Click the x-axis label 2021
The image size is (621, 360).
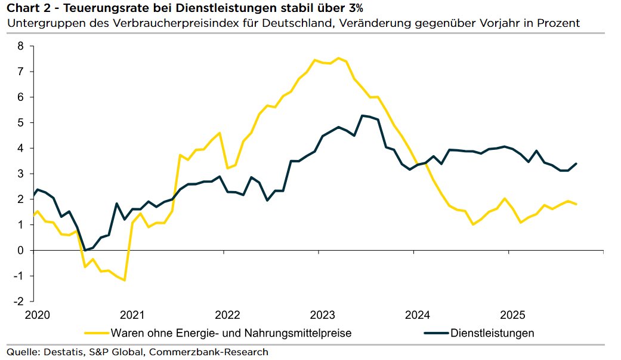coord(132,315)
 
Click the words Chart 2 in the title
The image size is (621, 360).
coord(27,8)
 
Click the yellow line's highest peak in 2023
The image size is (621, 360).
coord(338,58)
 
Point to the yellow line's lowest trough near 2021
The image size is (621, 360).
coord(124,280)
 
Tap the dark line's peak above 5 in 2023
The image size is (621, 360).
coord(362,115)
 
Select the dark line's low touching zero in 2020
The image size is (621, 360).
coord(85,250)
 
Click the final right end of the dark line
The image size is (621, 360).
coord(576,164)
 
